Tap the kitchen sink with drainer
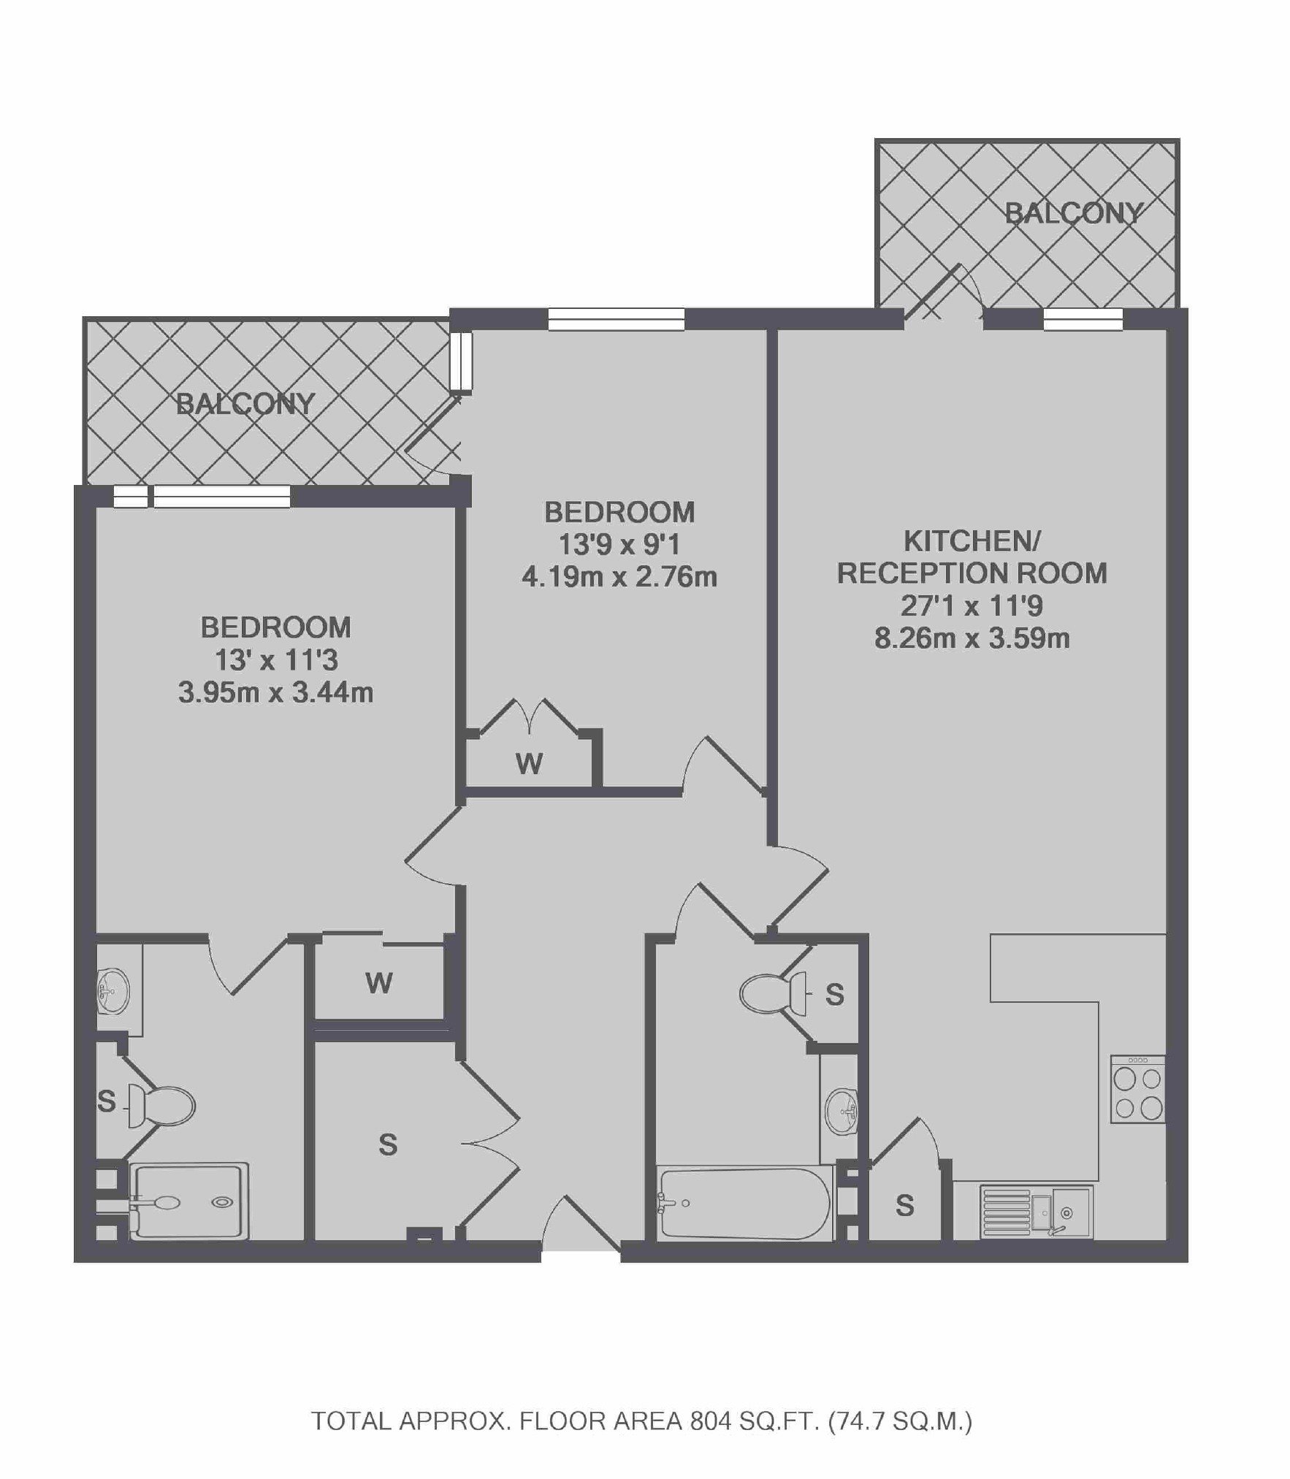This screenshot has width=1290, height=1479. (x=1036, y=1212)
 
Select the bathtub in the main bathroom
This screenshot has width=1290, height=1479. (x=744, y=1202)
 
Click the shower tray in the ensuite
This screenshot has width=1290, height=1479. (x=189, y=1201)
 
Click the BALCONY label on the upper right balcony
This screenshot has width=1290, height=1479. (x=1073, y=213)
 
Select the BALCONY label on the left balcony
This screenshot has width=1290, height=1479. (x=245, y=403)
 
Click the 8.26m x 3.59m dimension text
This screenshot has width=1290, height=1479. (x=972, y=638)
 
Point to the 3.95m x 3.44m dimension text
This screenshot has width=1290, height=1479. (x=276, y=692)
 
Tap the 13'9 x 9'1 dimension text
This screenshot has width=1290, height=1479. (x=619, y=544)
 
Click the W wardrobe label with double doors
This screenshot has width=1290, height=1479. (x=529, y=764)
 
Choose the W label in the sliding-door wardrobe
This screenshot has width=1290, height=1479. (x=379, y=983)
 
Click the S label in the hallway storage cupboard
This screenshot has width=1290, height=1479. (x=388, y=1144)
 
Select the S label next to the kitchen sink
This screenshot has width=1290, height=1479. (x=904, y=1206)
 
